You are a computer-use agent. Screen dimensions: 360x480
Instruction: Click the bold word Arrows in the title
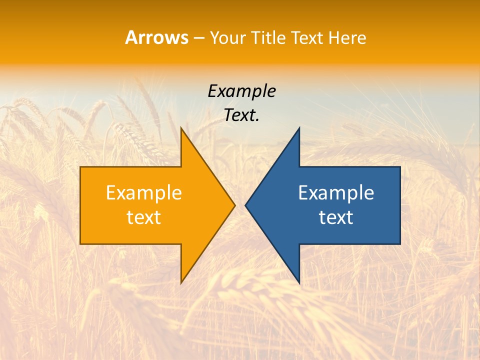click(156, 37)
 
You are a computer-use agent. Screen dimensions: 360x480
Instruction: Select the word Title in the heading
click(268, 38)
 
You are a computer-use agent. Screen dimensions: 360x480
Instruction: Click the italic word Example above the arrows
click(241, 91)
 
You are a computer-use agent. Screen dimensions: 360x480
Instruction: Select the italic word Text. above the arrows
click(241, 115)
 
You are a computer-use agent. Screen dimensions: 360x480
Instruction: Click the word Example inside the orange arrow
click(143, 193)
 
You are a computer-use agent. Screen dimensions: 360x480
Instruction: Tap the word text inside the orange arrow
click(143, 217)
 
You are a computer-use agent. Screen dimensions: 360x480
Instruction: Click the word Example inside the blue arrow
click(336, 193)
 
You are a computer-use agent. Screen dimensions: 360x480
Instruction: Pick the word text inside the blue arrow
click(336, 217)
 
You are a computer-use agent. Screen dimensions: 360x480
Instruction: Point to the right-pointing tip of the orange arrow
click(234, 205)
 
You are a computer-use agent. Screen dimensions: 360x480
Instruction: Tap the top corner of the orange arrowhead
click(181, 127)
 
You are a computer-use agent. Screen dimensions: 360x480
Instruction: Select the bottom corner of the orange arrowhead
click(181, 283)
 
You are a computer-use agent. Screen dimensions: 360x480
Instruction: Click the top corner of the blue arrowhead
click(299, 127)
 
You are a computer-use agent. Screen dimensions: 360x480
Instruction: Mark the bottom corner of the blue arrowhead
click(299, 283)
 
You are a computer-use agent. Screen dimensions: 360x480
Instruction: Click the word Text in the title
click(305, 38)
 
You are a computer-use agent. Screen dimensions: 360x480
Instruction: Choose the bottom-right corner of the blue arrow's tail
click(400, 243)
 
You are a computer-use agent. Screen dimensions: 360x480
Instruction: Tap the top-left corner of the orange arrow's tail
click(80, 167)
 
